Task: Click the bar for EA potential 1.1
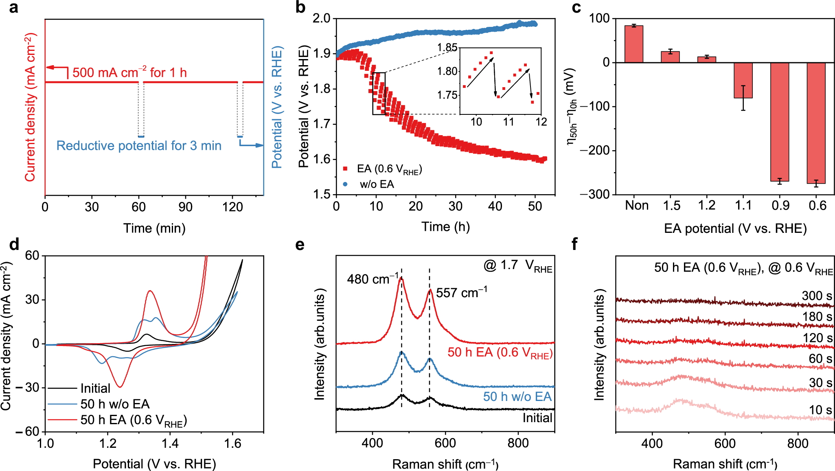tap(743, 80)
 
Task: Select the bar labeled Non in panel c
tap(634, 44)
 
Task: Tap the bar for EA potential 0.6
tap(816, 123)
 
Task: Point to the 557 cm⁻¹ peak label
tap(461, 293)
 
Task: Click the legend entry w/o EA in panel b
tap(377, 184)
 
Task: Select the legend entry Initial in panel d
tap(95, 388)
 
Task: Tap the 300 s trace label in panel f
tap(817, 296)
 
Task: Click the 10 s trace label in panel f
tap(820, 410)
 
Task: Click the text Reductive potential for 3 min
tap(139, 146)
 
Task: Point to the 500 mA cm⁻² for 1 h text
tap(129, 73)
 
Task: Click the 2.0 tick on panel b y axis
tap(321, 19)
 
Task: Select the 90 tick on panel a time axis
tap(185, 207)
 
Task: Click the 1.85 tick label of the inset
tap(447, 48)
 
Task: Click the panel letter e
tap(300, 245)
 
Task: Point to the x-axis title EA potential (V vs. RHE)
tap(735, 228)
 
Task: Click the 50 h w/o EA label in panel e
tap(517, 397)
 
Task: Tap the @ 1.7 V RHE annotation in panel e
tap(517, 266)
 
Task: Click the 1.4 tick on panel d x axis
tap(170, 443)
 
